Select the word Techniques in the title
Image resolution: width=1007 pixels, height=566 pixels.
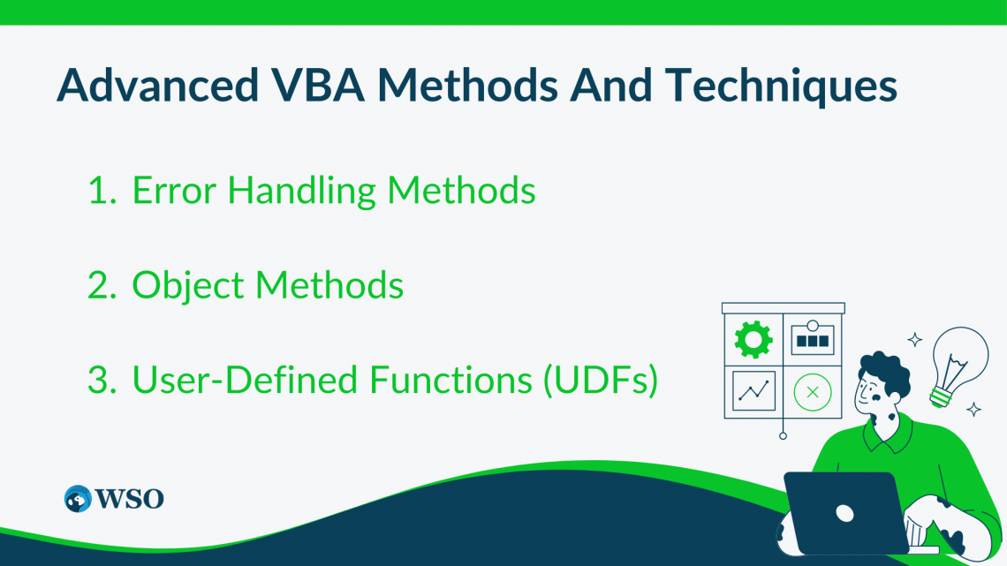coord(782,86)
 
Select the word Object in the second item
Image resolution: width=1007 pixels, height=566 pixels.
coord(186,285)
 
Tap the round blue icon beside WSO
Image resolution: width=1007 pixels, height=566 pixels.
coord(79,498)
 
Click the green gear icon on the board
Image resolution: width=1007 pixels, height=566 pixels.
coord(753,338)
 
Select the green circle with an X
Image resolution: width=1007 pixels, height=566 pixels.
coord(812,391)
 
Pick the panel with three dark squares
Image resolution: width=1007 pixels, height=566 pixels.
coord(812,339)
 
